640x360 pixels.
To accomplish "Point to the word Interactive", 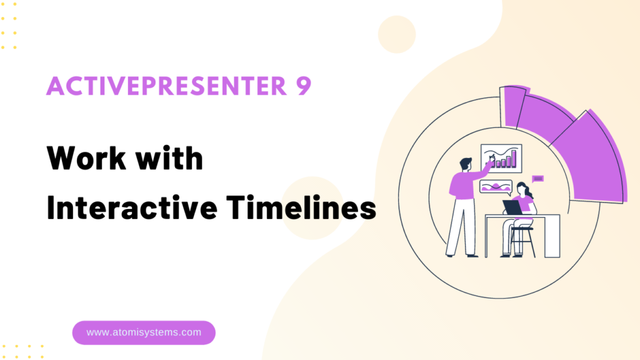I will pyautogui.click(x=131, y=208).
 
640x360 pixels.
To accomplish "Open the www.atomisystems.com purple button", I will pyautogui.click(x=144, y=333).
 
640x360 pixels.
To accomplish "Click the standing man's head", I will pyautogui.click(x=466, y=163).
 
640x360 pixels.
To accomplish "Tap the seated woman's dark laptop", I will pyautogui.click(x=512, y=207).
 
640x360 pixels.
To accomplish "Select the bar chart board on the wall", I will pyautogui.click(x=501, y=157).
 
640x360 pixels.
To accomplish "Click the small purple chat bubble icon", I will pyautogui.click(x=537, y=178).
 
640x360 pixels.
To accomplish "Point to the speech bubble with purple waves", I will pyautogui.click(x=495, y=187).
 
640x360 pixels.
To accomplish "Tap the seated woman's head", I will pyautogui.click(x=522, y=189).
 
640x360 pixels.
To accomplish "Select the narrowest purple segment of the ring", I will pyautogui.click(x=513, y=106).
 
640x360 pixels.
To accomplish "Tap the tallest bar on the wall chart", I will pyautogui.click(x=514, y=158).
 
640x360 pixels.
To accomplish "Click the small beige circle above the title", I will pyautogui.click(x=396, y=34).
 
